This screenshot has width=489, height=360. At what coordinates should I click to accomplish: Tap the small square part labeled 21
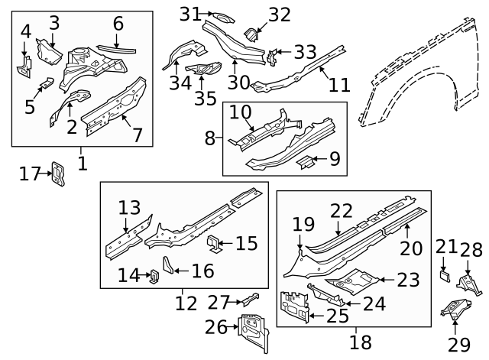tap(444, 271)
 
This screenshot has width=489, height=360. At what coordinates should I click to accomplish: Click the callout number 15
tap(246, 244)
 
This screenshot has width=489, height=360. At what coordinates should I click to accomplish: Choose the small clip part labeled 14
tap(153, 275)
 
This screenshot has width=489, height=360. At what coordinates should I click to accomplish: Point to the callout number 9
tap(333, 160)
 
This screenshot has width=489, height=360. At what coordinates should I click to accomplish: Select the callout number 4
tap(25, 31)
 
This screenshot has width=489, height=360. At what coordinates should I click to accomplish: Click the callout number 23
tap(408, 280)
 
